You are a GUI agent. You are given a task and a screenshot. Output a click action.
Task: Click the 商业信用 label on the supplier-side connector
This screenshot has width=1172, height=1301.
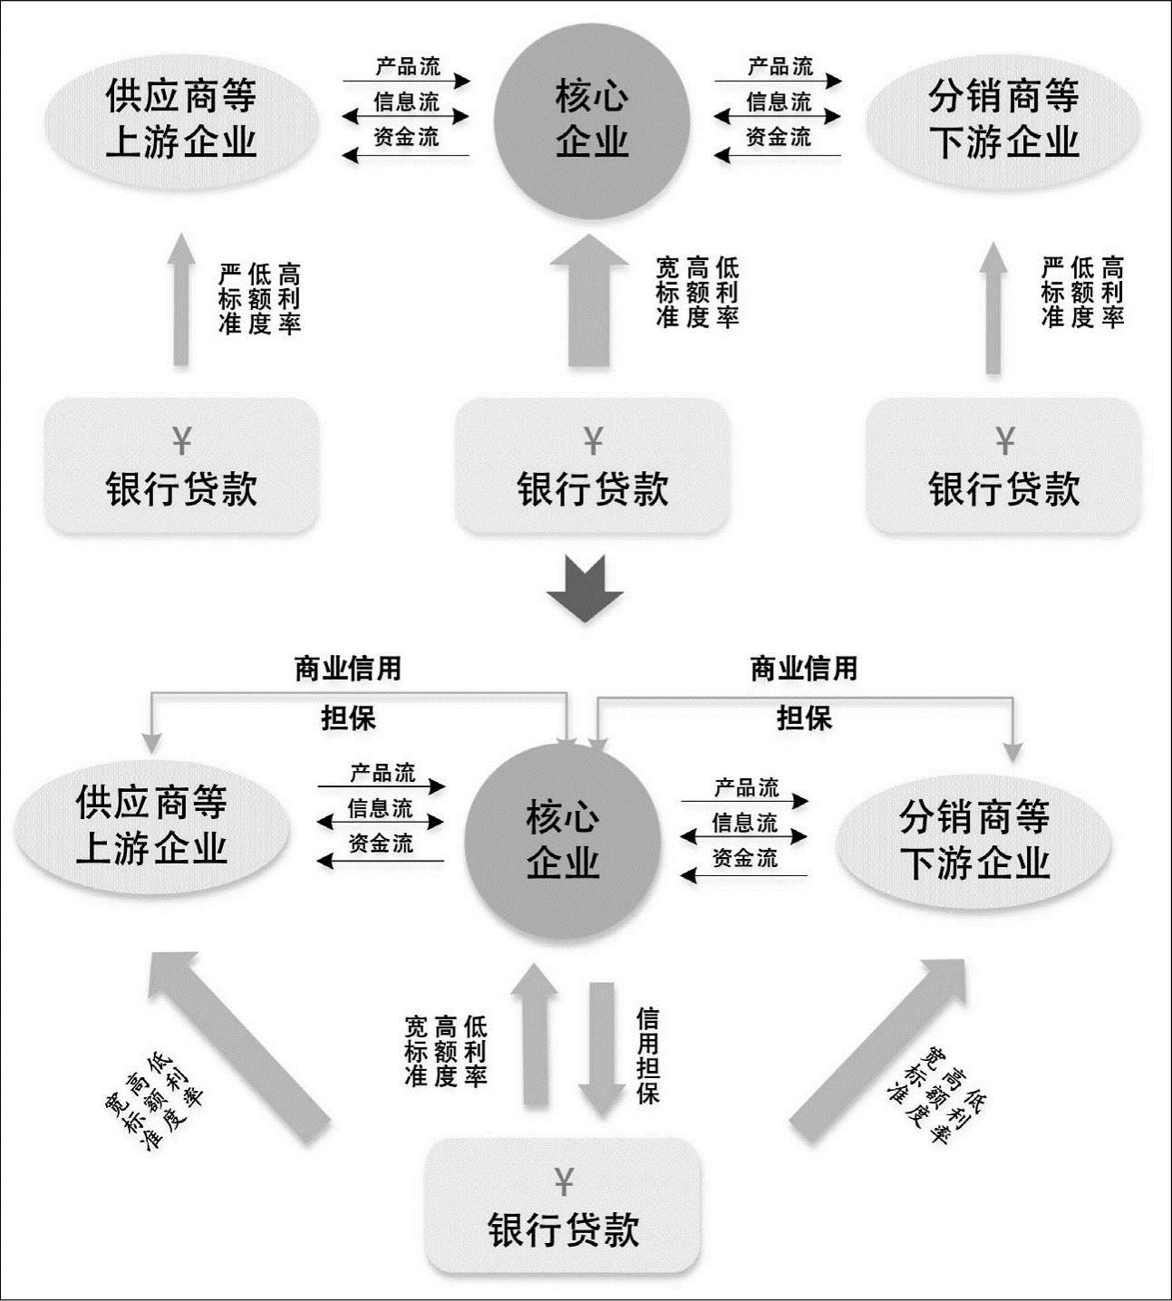point(348,669)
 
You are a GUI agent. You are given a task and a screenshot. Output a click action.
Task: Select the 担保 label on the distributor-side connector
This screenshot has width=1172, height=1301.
point(804,718)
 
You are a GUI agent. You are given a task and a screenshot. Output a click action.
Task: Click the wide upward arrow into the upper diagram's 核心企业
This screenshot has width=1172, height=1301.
point(589,300)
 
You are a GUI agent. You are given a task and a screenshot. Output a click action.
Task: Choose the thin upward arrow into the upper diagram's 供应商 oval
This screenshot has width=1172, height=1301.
point(181,300)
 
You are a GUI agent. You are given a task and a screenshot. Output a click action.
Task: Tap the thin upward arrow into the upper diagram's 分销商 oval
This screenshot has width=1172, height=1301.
point(993,307)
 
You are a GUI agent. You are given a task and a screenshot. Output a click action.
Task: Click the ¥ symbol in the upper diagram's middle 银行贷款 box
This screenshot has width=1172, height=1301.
point(593,441)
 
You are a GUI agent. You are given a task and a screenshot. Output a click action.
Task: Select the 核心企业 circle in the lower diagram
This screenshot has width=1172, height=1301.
point(563,841)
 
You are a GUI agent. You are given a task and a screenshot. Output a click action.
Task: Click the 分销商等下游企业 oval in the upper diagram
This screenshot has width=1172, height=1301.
point(1003,120)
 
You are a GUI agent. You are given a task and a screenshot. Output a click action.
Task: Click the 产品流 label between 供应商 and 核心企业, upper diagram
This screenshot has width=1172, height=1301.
point(408,66)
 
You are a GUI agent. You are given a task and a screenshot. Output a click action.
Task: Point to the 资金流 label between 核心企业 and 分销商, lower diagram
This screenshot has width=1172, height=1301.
point(745,858)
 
